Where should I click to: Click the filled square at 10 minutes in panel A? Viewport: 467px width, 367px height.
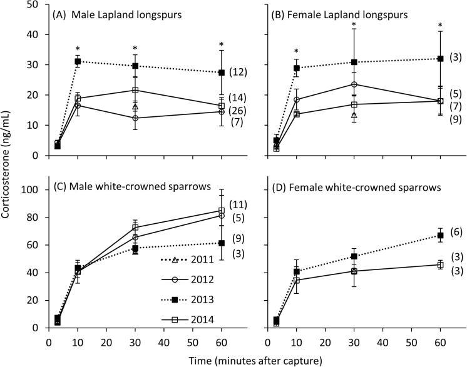(78, 61)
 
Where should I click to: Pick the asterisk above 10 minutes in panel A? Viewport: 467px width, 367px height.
(78, 49)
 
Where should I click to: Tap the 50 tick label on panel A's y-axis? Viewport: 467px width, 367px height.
(34, 4)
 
